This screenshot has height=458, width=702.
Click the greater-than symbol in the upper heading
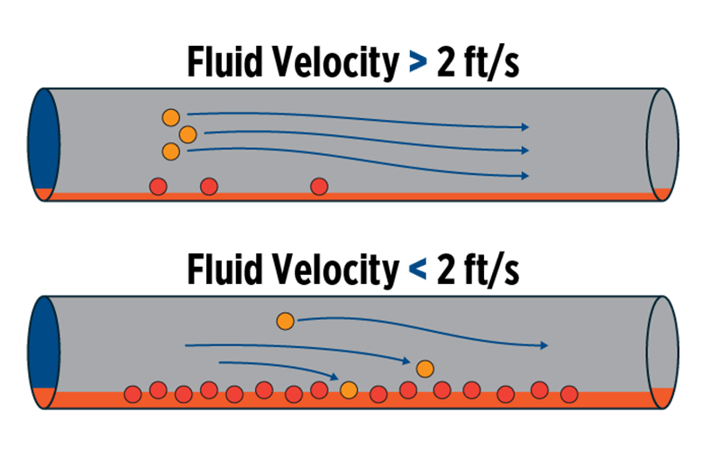point(416,63)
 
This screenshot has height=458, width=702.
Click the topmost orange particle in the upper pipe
point(170,117)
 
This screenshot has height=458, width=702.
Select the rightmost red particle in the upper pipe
point(318,186)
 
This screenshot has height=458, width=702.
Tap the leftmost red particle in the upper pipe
point(158,186)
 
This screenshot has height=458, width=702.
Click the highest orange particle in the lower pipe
point(285,320)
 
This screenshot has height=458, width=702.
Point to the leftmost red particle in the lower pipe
point(132,393)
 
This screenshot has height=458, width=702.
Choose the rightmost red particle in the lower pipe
point(569,393)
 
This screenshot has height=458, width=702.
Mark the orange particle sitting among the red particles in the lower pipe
point(350,389)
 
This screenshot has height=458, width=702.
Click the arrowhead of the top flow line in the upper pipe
point(524,127)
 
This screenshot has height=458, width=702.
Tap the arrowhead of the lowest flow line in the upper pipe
point(524,175)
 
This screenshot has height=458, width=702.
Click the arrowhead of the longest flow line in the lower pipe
point(543,345)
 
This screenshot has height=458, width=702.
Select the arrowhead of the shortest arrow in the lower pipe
point(333,376)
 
